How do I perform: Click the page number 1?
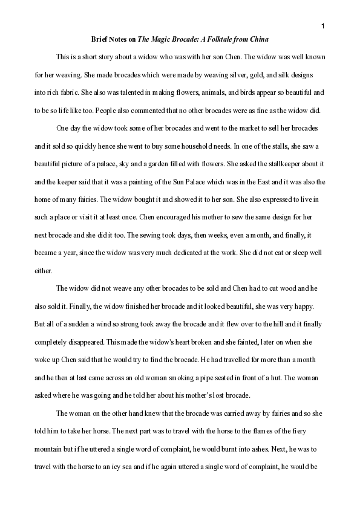coord(323,25)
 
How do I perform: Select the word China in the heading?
coord(258,39)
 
